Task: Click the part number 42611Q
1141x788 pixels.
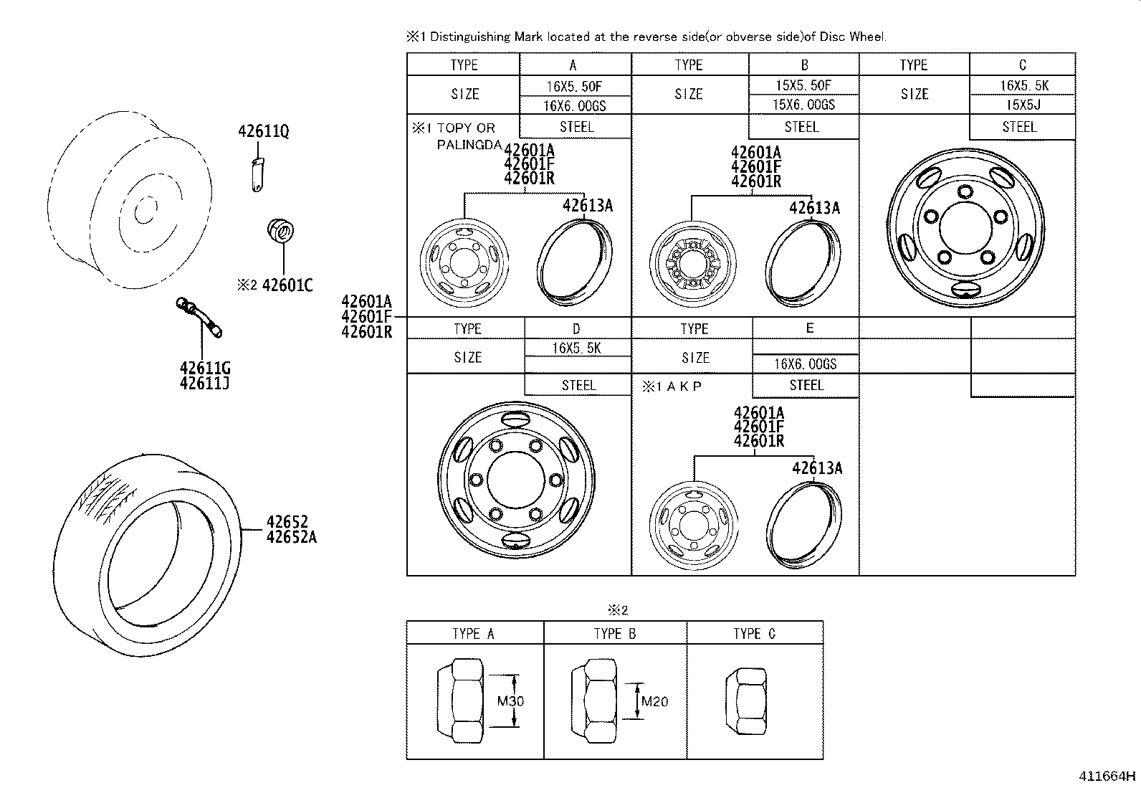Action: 263,131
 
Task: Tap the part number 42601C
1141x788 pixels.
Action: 287,285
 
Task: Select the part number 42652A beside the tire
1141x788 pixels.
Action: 292,537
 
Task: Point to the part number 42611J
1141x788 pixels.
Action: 205,384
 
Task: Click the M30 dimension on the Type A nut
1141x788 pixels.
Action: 510,701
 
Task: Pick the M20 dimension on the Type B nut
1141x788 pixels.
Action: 654,702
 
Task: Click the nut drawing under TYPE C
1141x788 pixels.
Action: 746,701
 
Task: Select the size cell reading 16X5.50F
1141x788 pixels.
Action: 575,87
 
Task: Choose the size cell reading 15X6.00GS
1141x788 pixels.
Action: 804,105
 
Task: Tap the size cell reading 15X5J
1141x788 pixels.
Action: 1023,105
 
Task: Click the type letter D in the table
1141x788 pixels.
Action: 576,329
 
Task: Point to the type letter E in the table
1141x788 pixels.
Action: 809,328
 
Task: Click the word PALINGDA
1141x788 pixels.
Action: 469,146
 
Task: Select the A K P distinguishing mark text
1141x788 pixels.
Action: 684,386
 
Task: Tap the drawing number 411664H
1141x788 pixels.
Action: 1107,776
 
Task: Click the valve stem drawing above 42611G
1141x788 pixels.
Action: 199,317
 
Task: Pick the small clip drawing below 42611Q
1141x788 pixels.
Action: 258,175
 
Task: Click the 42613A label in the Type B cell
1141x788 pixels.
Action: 814,208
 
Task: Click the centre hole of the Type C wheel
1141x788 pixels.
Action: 965,228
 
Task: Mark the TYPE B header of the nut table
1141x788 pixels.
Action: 615,634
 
